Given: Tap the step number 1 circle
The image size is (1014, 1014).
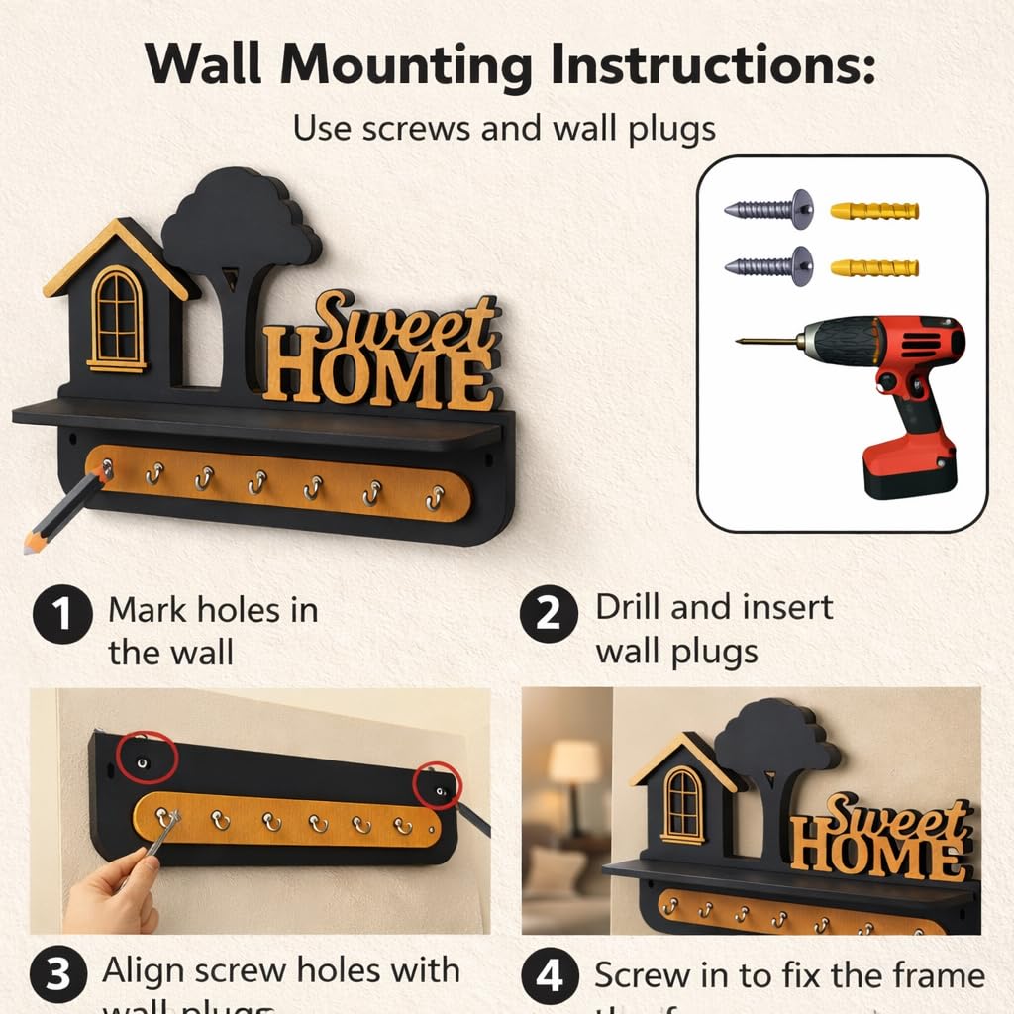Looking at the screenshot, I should (61, 615).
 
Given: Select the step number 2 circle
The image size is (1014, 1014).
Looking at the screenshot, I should (549, 615).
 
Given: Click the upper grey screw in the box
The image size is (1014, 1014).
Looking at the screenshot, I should (768, 210).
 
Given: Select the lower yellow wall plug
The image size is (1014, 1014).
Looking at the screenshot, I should (873, 267).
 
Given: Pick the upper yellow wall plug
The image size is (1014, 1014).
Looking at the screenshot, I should (873, 211).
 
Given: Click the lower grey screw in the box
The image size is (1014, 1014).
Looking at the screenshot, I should (768, 266).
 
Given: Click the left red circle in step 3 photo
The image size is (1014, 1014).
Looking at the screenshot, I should (146, 760).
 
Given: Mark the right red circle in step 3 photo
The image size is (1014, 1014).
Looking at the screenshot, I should (438, 785).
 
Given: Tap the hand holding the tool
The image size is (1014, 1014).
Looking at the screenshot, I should (111, 889).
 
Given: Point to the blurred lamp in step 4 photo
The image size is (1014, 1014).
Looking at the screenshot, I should (574, 764).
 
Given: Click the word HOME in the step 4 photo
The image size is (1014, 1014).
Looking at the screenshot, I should (877, 853).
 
